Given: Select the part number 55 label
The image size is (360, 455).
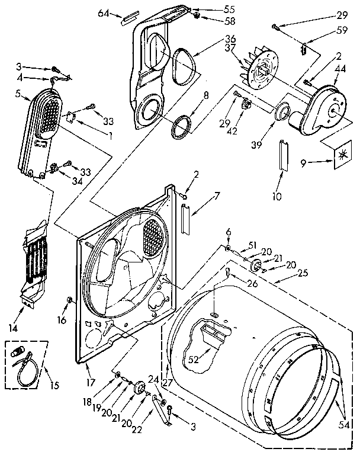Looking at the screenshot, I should tap(212, 10).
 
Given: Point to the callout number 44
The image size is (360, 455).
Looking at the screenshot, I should tap(340, 69).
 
